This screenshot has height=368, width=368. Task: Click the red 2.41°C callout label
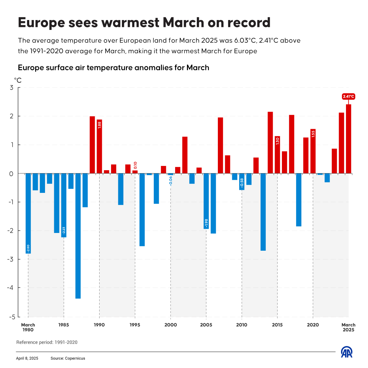(x=348, y=97)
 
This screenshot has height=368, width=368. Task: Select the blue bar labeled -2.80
(x=28, y=213)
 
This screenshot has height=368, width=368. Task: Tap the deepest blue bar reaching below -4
(x=78, y=236)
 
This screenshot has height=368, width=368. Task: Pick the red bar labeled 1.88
(x=99, y=147)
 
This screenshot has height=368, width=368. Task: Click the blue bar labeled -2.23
(x=64, y=205)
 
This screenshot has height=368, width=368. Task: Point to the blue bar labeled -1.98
(x=206, y=201)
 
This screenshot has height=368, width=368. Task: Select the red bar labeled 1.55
(x=313, y=151)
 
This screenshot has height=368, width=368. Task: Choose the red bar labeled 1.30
(x=277, y=155)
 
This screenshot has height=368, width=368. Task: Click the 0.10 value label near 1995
(x=135, y=165)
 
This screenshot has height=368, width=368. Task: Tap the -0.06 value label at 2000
(x=171, y=181)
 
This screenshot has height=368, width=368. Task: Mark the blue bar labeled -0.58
(x=242, y=182)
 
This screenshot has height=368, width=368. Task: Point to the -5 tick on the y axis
(x=12, y=317)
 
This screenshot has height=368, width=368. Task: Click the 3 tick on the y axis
(x=11, y=87)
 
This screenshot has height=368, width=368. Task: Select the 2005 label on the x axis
(x=206, y=325)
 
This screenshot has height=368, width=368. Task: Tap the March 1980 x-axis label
(x=28, y=327)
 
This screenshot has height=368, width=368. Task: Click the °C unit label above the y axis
(x=18, y=80)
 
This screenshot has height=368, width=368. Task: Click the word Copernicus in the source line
(x=75, y=358)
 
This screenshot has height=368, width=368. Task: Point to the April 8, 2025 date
(x=27, y=358)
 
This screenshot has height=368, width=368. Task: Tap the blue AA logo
(x=347, y=352)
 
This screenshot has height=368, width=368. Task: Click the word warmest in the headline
(x=130, y=23)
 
